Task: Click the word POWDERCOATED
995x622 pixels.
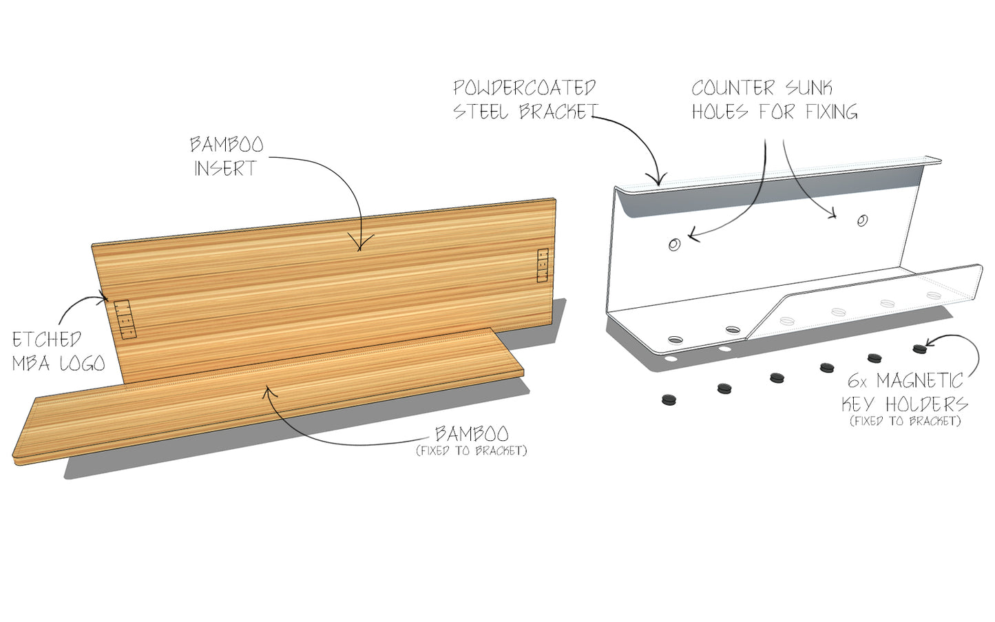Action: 524,88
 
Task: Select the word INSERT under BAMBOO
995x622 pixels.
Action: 225,168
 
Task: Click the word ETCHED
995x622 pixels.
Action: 47,340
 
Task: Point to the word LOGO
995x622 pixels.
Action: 82,363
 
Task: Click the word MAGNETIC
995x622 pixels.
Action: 919,380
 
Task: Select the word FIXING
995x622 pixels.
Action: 831,112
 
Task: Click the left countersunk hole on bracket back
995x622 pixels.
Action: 675,244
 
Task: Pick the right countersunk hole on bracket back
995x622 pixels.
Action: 862,220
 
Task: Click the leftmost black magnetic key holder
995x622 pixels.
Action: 669,399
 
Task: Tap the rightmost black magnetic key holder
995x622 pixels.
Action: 919,349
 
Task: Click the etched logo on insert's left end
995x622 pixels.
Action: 125,320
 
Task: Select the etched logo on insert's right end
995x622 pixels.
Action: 543,265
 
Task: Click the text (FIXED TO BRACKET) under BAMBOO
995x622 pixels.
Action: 472,451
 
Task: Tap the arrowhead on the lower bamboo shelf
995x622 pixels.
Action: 269,392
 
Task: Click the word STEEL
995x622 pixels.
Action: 481,112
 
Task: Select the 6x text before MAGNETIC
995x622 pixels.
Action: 857,381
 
